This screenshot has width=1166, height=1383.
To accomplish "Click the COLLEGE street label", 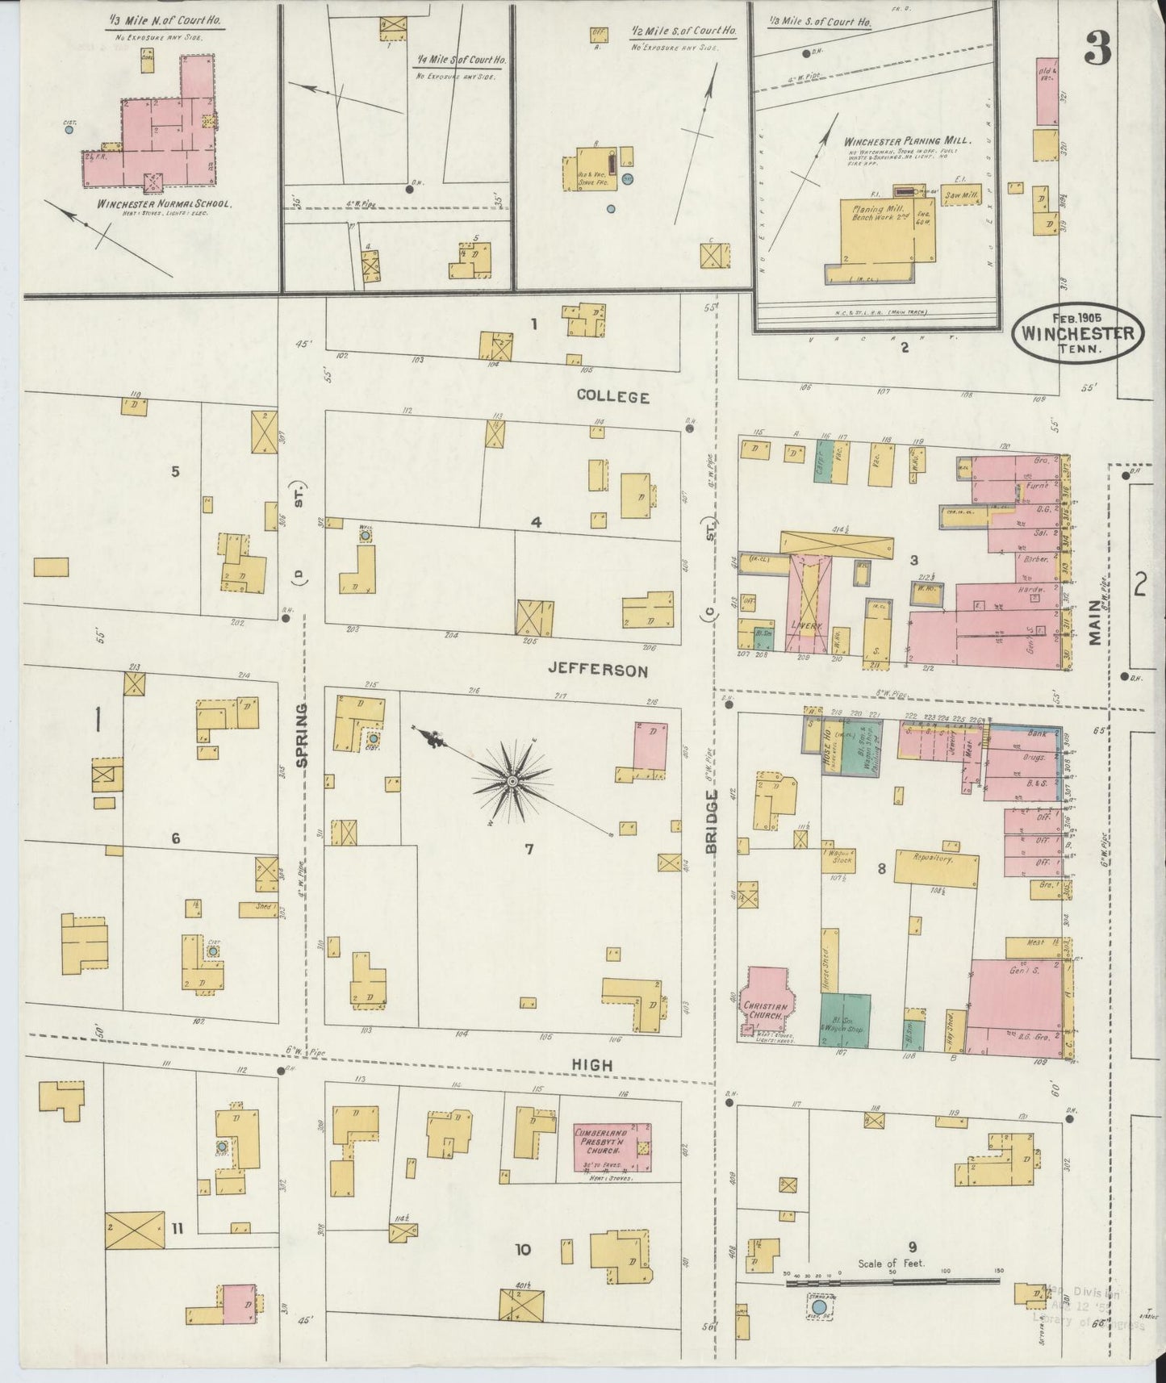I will click(612, 396).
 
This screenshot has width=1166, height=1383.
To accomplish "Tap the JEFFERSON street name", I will click(597, 670).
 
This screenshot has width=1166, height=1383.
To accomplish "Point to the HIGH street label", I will click(591, 1065).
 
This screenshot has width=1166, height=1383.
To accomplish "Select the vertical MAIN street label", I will click(1095, 622).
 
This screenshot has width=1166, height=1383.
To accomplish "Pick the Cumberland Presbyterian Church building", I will click(612, 1147).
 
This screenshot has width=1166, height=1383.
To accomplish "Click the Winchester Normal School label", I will click(164, 205).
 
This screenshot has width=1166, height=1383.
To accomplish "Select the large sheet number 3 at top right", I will click(1097, 50).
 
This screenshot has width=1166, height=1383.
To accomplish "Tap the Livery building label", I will click(808, 625).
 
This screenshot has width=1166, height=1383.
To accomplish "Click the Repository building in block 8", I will click(933, 859).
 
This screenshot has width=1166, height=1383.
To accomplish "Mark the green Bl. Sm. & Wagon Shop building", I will click(845, 1020).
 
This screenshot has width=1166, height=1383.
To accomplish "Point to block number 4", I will click(535, 522).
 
